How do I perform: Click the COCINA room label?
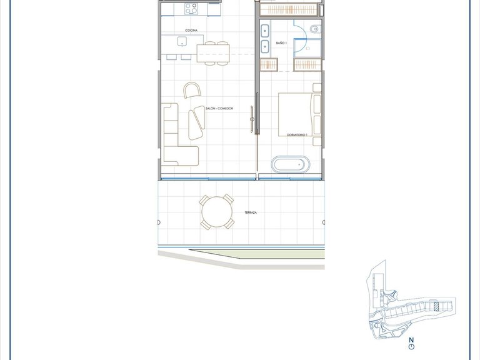point(191,30)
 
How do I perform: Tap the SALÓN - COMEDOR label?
point(219,109)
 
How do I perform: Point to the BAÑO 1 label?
point(281,43)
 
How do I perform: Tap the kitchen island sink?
point(182,42)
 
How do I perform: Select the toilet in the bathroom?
point(314,29)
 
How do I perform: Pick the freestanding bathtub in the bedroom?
point(291,165)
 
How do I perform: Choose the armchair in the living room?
point(192,91)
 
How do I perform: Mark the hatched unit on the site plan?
point(436,306)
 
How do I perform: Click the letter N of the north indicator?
point(411,340)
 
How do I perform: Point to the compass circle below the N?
point(411,347)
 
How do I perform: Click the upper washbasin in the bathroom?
point(265,29)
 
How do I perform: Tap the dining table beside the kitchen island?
point(213,52)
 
